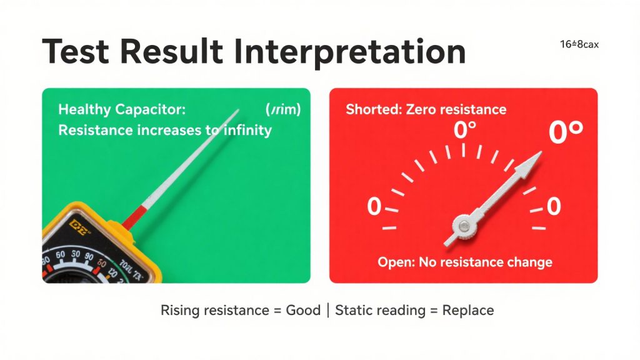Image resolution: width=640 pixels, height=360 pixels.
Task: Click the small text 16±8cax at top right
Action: (579, 44)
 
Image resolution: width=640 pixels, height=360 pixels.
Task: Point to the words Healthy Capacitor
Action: (122, 110)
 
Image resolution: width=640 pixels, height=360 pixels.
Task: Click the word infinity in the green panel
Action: (241, 131)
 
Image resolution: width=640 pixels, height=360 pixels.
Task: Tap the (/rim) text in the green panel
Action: (283, 110)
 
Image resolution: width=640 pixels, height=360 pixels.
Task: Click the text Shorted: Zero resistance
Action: (426, 110)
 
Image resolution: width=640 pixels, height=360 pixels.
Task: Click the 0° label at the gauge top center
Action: (464, 131)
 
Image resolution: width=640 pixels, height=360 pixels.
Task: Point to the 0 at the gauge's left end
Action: (374, 206)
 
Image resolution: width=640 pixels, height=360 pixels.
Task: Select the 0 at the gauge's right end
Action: (553, 206)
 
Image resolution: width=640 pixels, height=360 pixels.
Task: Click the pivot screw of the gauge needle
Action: (463, 224)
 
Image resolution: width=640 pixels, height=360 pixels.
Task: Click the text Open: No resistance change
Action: (464, 262)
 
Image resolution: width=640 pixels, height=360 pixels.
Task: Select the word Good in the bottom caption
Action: (302, 310)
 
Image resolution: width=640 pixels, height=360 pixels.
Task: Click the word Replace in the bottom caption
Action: (468, 310)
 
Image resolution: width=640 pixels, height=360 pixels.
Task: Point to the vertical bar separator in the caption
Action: (328, 310)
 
